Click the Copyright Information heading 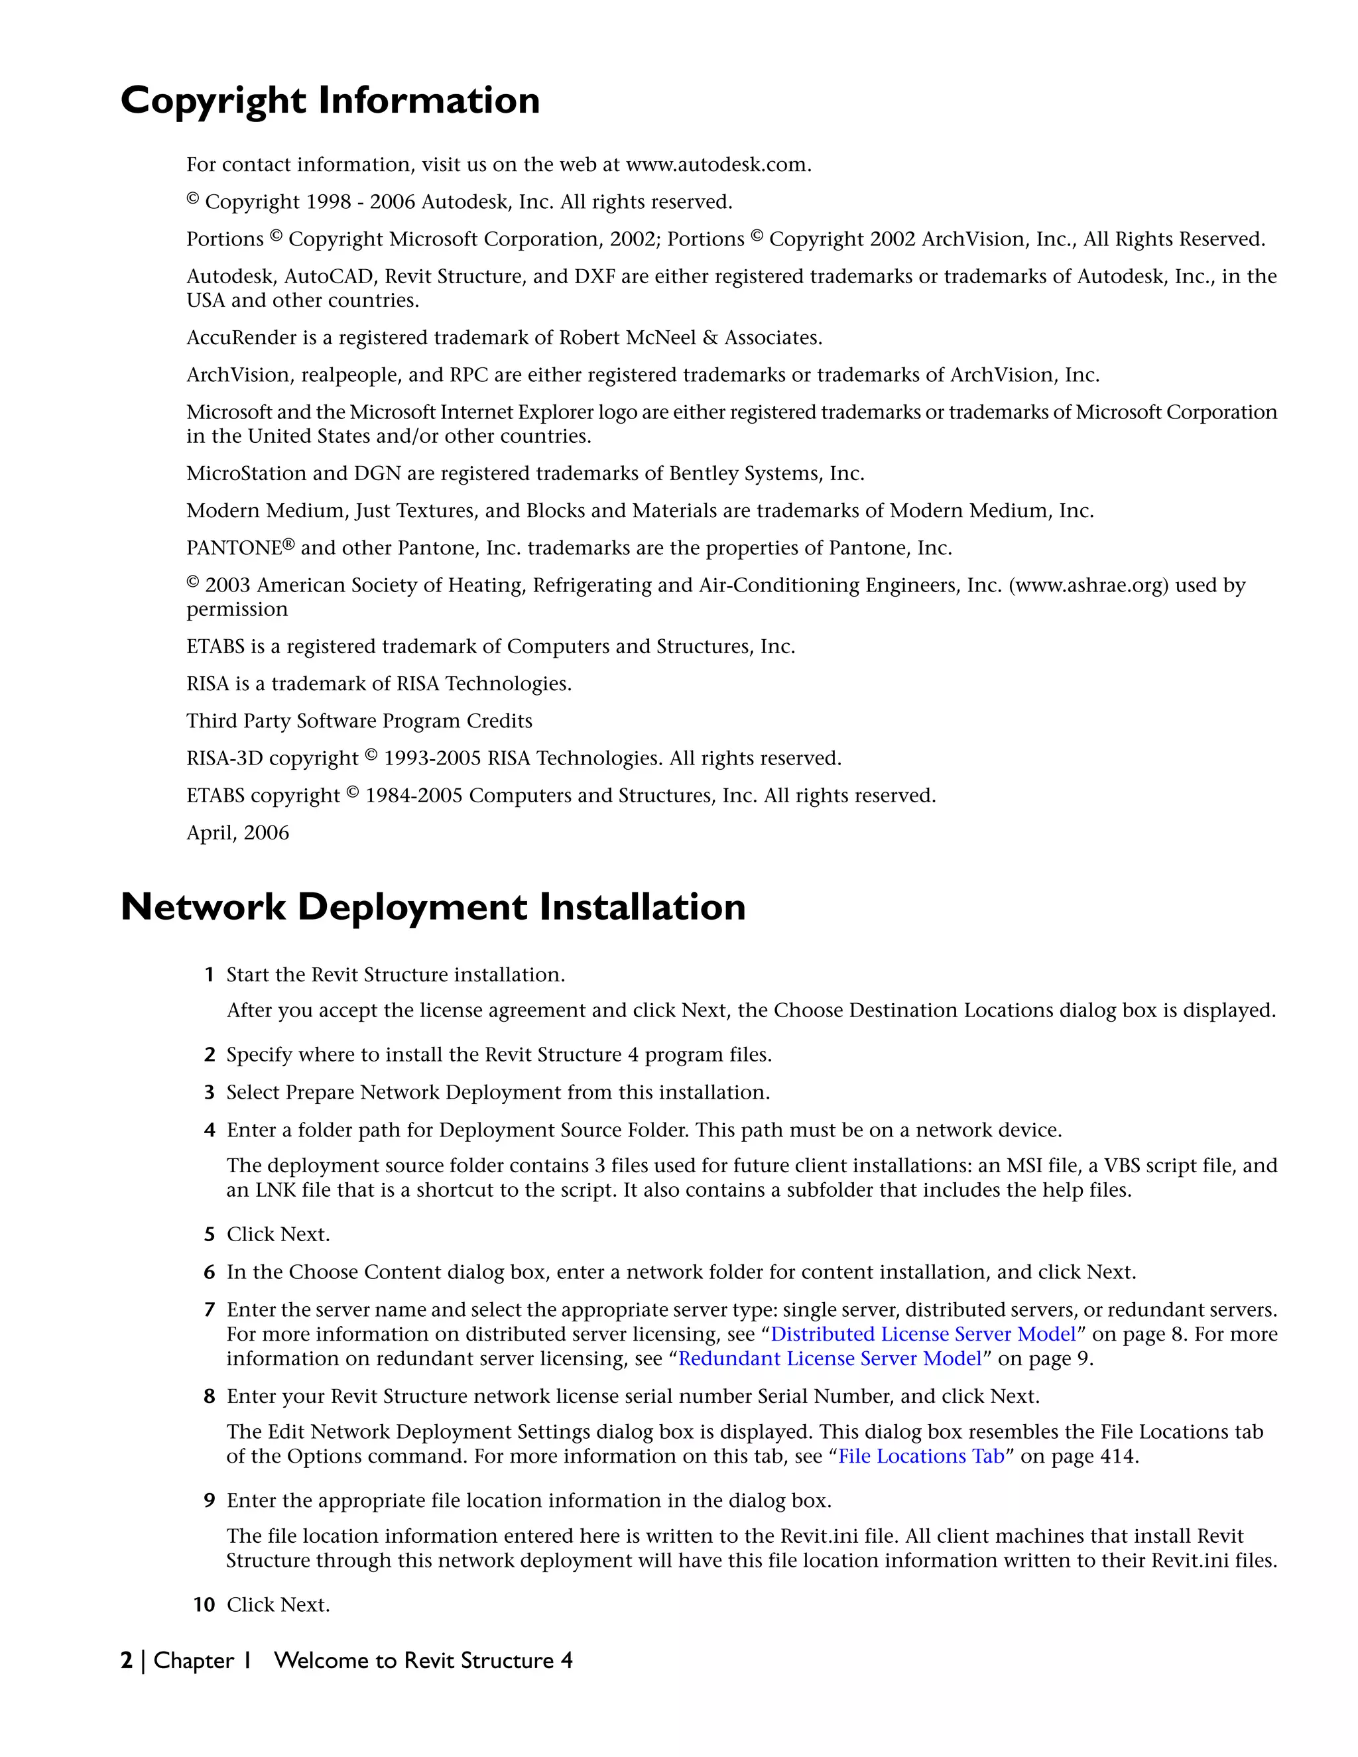coord(330,101)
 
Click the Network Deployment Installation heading coord(433,908)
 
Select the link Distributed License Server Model coord(923,1334)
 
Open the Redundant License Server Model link coord(830,1358)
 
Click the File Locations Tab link coord(921,1456)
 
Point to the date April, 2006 coord(237,833)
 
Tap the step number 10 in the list coord(204,1605)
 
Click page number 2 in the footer coord(126,1660)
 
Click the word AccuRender coord(241,338)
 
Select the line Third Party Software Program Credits coord(359,721)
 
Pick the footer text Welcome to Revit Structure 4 coord(423,1660)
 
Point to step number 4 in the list coord(209,1130)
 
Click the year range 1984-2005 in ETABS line coord(414,796)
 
